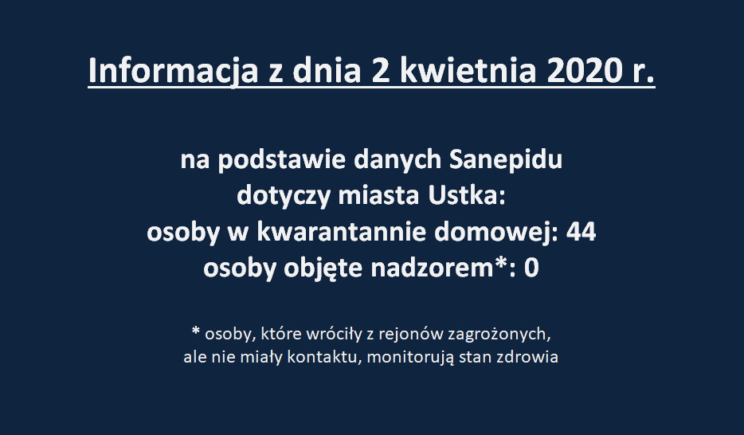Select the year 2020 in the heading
(585, 71)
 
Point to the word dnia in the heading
(327, 71)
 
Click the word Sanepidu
(505, 160)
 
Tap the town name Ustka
(467, 195)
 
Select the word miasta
(378, 195)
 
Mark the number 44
(581, 233)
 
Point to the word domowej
(493, 233)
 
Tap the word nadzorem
(433, 268)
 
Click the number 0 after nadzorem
(531, 268)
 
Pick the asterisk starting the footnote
(196, 330)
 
